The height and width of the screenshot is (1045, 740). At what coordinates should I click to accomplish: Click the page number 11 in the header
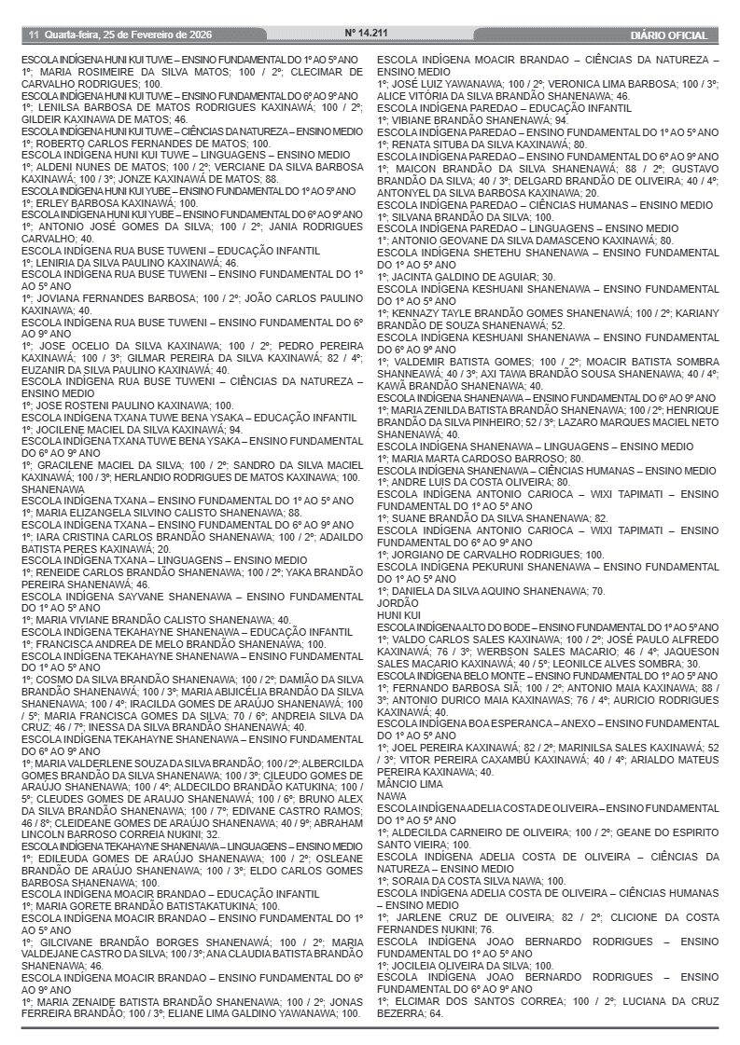[x=32, y=34]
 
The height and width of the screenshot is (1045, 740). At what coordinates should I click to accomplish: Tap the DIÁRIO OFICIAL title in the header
[x=669, y=35]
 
